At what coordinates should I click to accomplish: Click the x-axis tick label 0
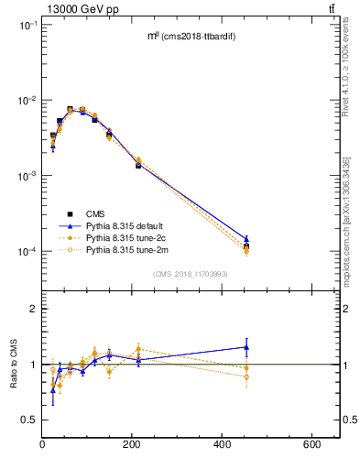coord(42,445)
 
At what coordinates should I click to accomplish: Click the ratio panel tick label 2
coord(31,310)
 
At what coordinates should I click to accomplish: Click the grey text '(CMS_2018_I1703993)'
coord(191,274)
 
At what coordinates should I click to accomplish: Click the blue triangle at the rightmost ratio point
coord(245,347)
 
